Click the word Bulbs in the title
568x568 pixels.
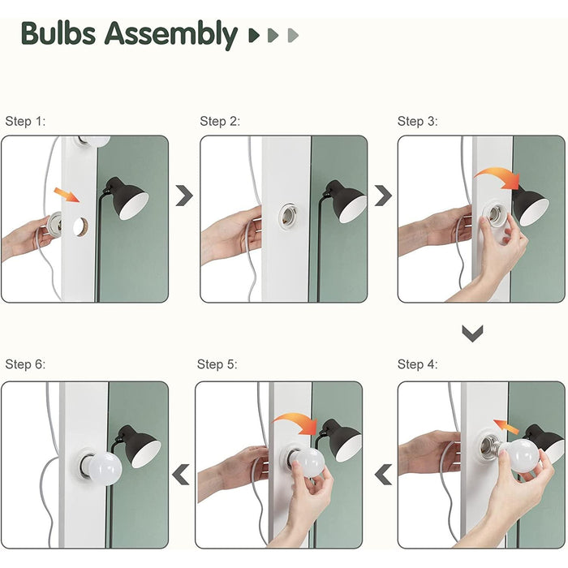pyautogui.click(x=58, y=33)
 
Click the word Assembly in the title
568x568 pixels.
pyautogui.click(x=171, y=35)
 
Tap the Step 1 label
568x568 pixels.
pyautogui.click(x=25, y=121)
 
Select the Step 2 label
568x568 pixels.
pyautogui.click(x=220, y=121)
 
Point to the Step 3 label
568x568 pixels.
pyautogui.click(x=417, y=121)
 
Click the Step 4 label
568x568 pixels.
pyautogui.click(x=417, y=364)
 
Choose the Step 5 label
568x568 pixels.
pyautogui.click(x=217, y=364)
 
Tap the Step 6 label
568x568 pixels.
pyautogui.click(x=25, y=364)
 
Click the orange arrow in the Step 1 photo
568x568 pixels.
pyautogui.click(x=67, y=195)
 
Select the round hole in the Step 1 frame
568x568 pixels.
pyautogui.click(x=80, y=227)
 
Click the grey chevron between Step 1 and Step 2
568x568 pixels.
pyautogui.click(x=184, y=196)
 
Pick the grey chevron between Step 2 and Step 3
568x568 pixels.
pyautogui.click(x=383, y=196)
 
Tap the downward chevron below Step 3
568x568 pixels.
pyautogui.click(x=472, y=333)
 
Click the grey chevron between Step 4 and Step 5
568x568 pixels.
pyautogui.click(x=383, y=474)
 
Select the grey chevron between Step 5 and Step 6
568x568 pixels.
pyautogui.click(x=181, y=474)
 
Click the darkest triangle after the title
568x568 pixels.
pyautogui.click(x=254, y=35)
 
